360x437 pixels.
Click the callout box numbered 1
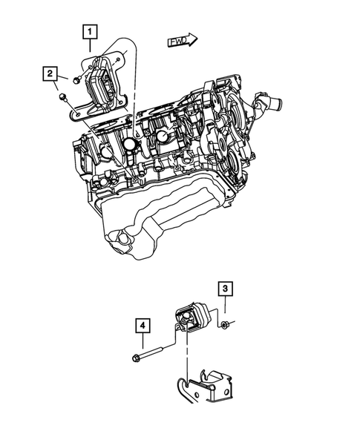point(89,32)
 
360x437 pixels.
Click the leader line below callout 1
point(89,48)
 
